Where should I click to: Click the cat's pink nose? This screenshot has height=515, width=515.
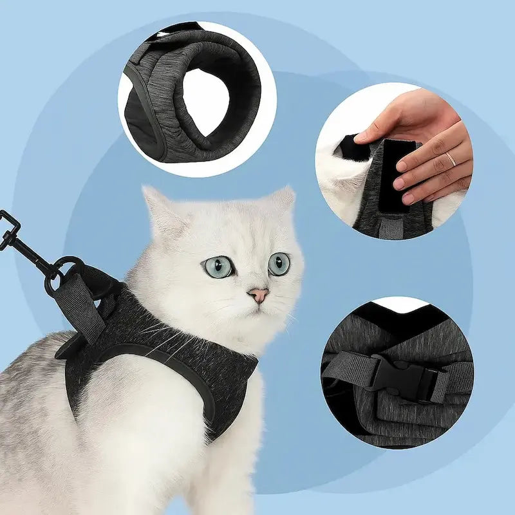click(258, 295)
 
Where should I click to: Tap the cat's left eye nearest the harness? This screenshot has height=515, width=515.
click(219, 266)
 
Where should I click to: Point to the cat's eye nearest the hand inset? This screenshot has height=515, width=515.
click(279, 263)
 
